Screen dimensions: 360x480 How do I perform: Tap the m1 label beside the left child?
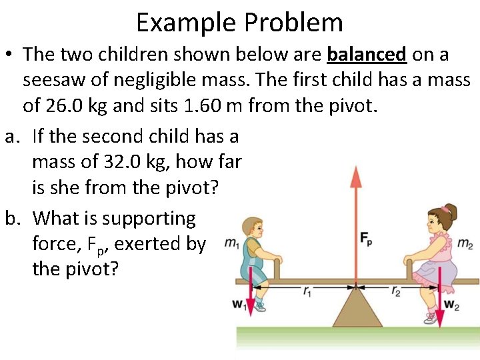232,243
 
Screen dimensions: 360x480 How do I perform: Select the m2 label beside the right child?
465,243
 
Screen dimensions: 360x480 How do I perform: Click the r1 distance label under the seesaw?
307,291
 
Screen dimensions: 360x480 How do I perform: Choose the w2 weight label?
451,305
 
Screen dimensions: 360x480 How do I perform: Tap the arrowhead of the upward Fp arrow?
355,175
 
